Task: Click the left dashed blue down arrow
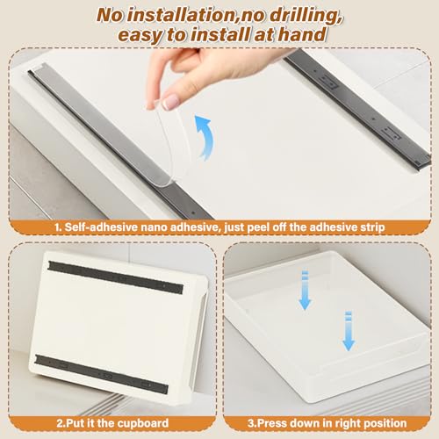tap(305, 290)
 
